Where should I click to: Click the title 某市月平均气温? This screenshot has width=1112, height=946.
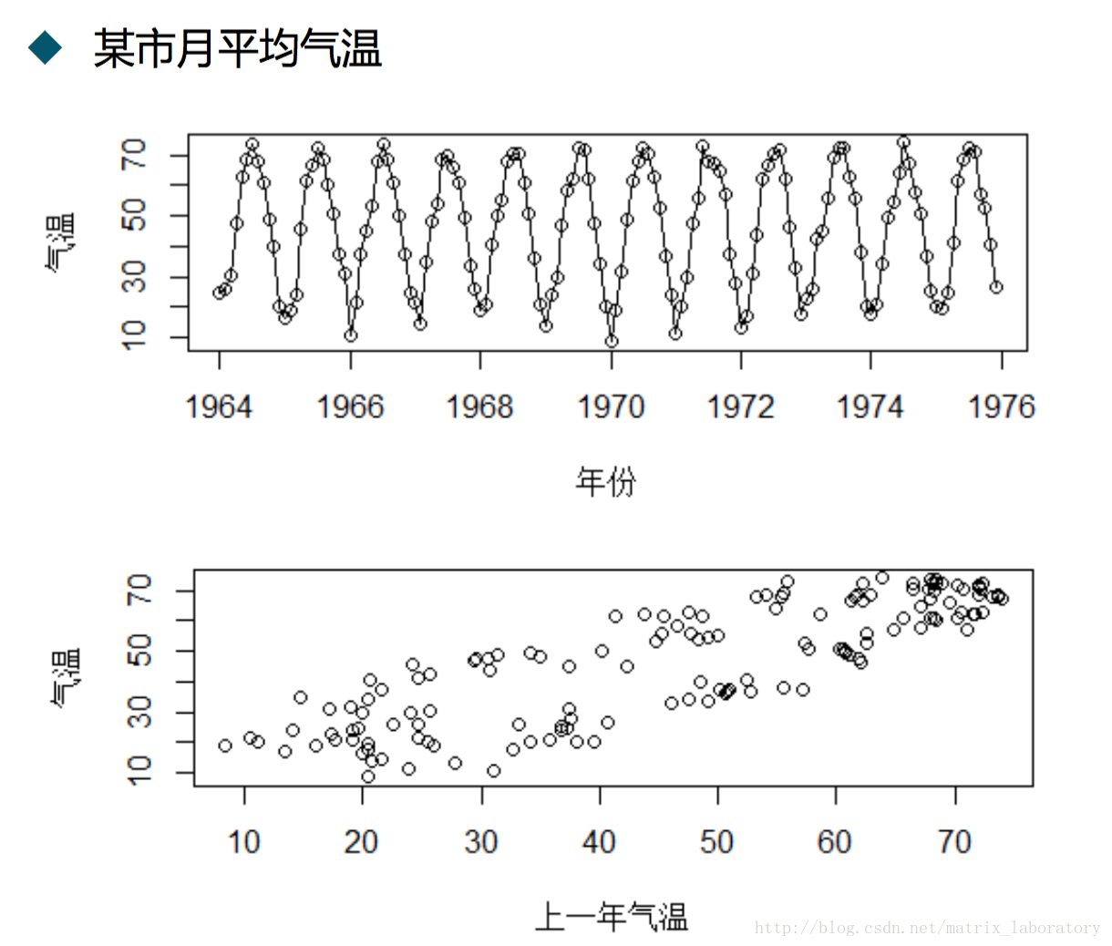[x=237, y=47]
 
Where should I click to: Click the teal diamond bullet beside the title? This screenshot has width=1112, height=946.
[x=45, y=46]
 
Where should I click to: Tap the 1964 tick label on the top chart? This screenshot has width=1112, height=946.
[x=219, y=406]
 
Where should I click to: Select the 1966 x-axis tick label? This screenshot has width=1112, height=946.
[x=350, y=406]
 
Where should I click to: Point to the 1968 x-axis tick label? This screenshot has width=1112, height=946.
[x=479, y=406]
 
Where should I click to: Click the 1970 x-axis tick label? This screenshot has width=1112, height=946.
[x=611, y=406]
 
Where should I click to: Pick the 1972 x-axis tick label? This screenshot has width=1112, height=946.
[x=741, y=406]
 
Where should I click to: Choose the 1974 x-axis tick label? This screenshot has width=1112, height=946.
[x=870, y=406]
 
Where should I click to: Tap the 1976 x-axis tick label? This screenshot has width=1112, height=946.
[x=1002, y=406]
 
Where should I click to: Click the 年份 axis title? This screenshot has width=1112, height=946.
[x=605, y=480]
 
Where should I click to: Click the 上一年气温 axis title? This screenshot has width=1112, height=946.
[x=611, y=916]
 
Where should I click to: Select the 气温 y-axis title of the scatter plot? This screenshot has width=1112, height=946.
[x=65, y=677]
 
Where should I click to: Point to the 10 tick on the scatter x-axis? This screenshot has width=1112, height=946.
[x=244, y=842]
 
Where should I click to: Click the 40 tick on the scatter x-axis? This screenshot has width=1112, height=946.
[x=599, y=842]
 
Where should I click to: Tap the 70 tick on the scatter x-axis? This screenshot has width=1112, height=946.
[x=954, y=842]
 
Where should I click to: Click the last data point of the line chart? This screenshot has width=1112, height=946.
[x=996, y=287]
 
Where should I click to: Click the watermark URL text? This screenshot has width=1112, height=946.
[x=927, y=928]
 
